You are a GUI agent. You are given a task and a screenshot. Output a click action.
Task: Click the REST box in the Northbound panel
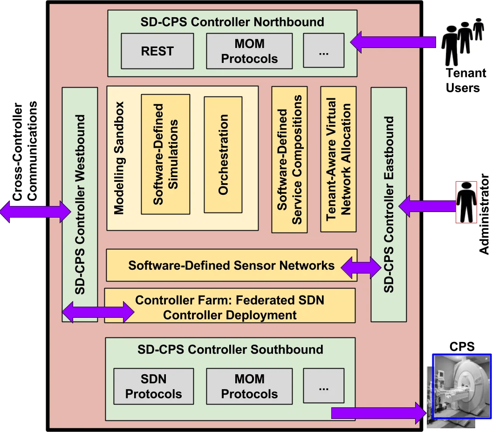(x=157, y=51)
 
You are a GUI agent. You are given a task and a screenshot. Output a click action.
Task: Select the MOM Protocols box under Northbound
(x=249, y=51)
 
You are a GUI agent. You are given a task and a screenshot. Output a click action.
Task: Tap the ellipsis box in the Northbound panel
(x=323, y=51)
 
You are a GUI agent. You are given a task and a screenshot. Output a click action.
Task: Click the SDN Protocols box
(x=153, y=386)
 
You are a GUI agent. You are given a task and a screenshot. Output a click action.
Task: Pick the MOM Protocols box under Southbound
(x=249, y=386)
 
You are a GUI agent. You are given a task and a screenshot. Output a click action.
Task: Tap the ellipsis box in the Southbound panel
(x=323, y=386)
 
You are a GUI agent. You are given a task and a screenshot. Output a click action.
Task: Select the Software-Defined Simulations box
(x=165, y=154)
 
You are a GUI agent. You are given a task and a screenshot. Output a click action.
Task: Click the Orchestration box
(x=223, y=154)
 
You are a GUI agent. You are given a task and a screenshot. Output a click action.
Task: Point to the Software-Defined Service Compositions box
(x=289, y=159)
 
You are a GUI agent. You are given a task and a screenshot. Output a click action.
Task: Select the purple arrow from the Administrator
(x=426, y=206)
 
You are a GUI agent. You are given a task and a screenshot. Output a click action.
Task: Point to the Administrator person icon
(x=466, y=202)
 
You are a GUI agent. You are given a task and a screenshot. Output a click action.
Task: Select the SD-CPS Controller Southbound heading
(x=230, y=350)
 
